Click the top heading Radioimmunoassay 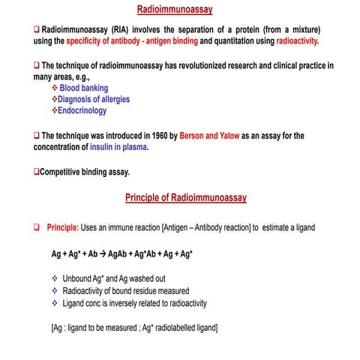175,10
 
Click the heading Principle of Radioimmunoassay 184,198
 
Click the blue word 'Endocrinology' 83,110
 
